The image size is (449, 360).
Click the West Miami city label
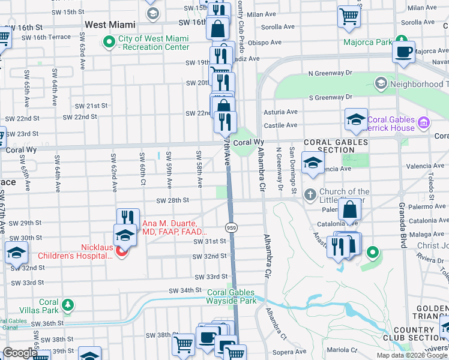coord(110,25)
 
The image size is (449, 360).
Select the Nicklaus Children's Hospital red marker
coord(121,251)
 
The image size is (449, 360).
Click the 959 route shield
coord(231,227)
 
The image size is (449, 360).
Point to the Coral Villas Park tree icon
coord(68,305)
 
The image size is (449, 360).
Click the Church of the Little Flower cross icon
coord(309,194)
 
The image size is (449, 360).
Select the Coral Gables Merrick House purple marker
coord(424,123)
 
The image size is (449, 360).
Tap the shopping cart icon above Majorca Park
coord(349,17)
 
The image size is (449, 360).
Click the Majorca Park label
coord(367,43)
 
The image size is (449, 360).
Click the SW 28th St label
coord(173,200)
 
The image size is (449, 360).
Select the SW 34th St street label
coord(184,290)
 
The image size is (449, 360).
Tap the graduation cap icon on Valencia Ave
coord(313,163)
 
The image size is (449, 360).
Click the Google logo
coord(20,353)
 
